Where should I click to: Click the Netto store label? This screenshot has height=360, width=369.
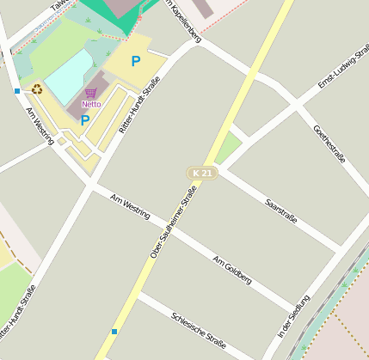pyautogui.click(x=91, y=105)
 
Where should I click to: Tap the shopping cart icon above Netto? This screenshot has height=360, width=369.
pyautogui.click(x=90, y=93)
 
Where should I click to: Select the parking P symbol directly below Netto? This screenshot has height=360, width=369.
pyautogui.click(x=85, y=121)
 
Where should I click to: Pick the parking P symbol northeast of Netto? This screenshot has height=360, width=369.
pyautogui.click(x=135, y=61)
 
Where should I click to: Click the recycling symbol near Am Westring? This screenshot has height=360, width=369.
pyautogui.click(x=37, y=88)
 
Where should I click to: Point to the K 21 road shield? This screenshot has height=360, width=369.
pyautogui.click(x=202, y=174)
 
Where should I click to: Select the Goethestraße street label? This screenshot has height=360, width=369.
pyautogui.click(x=329, y=144)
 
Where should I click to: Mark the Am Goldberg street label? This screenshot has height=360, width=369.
pyautogui.click(x=231, y=270)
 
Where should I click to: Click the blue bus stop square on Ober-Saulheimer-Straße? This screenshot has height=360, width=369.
pyautogui.click(x=114, y=332)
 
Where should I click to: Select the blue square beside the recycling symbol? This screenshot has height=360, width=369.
pyautogui.click(x=17, y=90)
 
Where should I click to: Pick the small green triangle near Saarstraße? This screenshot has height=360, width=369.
pyautogui.click(x=227, y=148)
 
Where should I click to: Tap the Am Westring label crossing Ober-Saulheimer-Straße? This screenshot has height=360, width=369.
pyautogui.click(x=131, y=206)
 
